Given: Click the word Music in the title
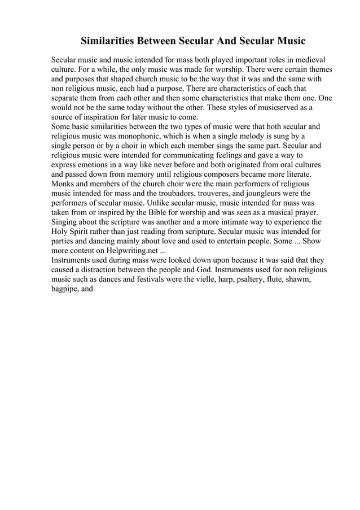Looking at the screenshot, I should [286, 41].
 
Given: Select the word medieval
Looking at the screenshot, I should [308, 59].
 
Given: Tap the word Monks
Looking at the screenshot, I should [64, 184].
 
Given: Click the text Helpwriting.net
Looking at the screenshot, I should [138, 251].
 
